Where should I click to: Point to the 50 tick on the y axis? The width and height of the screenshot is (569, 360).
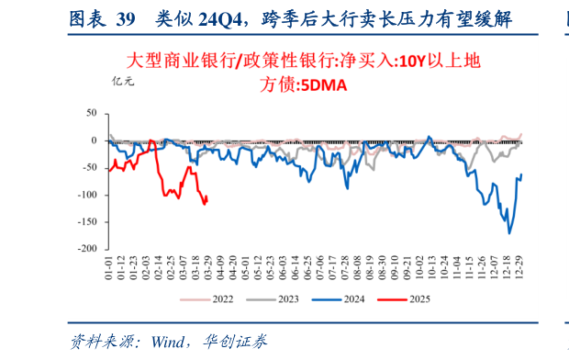tap(90, 113)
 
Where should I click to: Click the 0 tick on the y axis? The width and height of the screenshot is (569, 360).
tap(93, 141)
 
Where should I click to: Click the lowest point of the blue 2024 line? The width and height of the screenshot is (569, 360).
tap(509, 233)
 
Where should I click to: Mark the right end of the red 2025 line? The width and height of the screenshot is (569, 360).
tap(206, 196)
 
